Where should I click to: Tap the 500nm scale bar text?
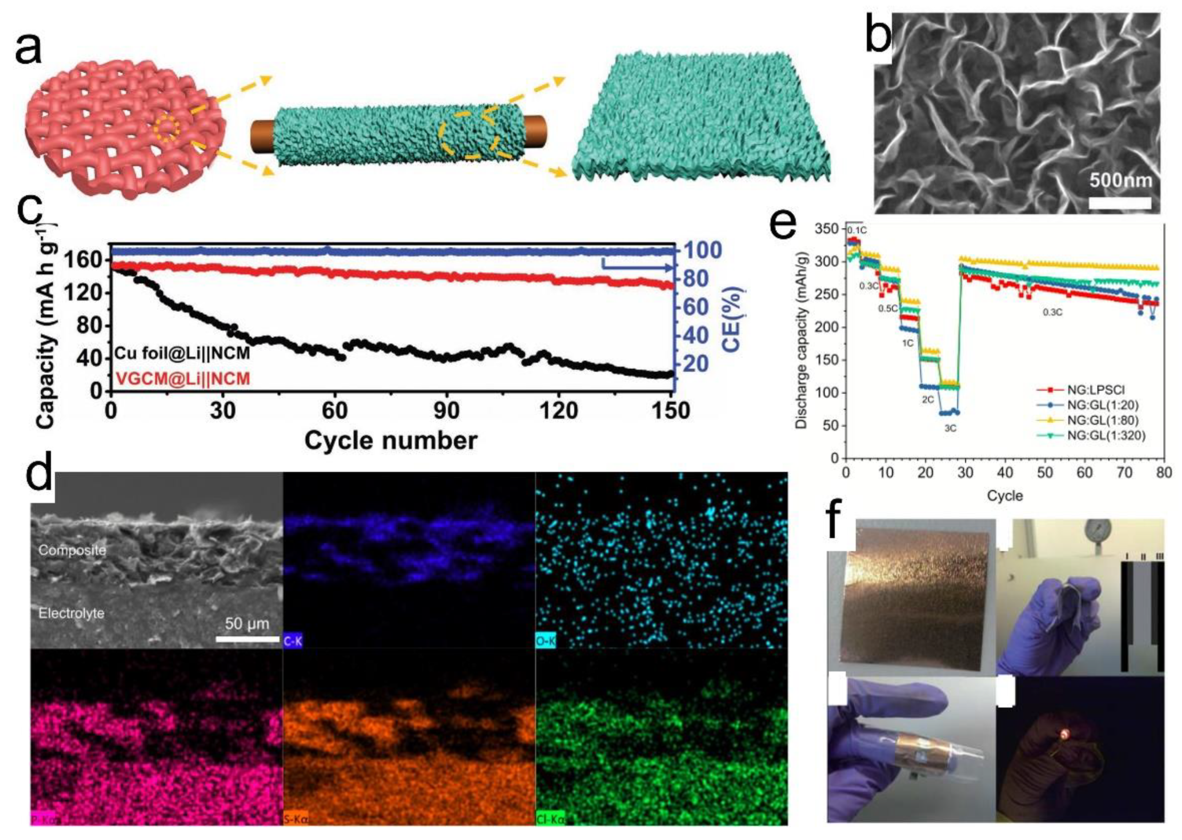coord(1121,180)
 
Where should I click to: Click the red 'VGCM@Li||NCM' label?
coord(182,379)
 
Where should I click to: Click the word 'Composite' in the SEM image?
coord(72,550)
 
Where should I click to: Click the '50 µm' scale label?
coord(247,624)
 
